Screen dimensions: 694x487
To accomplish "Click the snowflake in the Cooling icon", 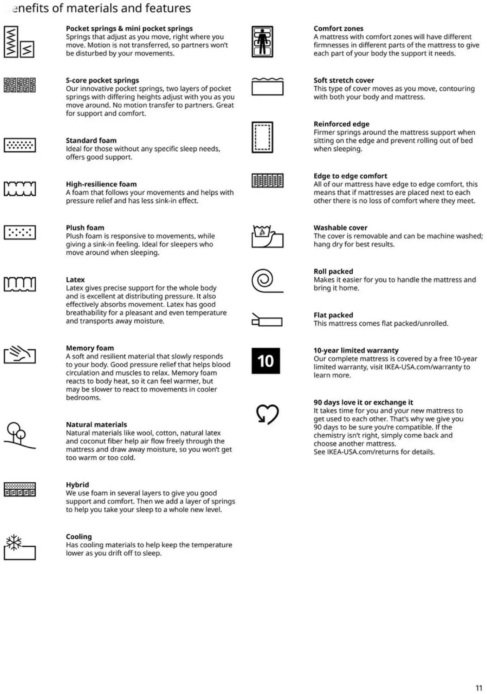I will click(14, 542).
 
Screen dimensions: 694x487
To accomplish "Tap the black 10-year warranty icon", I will click(266, 361).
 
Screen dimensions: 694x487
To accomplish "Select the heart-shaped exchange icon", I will click(267, 414).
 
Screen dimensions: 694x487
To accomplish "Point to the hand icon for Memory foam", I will click(20, 355).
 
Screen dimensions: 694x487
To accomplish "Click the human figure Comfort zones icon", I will click(262, 42).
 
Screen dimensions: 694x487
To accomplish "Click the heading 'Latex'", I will click(75, 280).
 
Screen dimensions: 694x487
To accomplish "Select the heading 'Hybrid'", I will click(77, 485).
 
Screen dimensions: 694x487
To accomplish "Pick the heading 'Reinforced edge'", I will click(341, 124).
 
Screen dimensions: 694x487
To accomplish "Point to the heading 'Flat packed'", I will click(333, 315).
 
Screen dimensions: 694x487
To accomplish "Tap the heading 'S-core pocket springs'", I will click(102, 81).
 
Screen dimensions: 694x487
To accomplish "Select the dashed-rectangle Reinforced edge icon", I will click(262, 137).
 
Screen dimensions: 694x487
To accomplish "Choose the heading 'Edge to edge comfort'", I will click(350, 176).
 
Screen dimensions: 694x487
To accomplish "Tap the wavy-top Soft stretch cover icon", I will click(267, 86).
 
